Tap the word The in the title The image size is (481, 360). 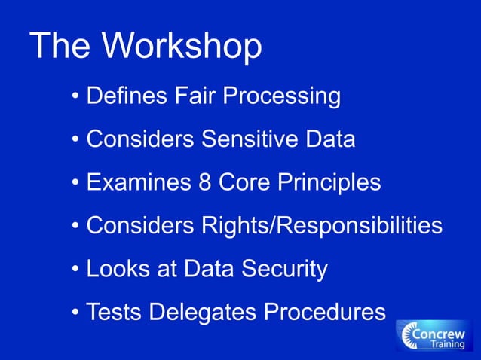[x=62, y=47]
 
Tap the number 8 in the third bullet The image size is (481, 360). [x=201, y=183]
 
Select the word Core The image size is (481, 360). [x=242, y=183]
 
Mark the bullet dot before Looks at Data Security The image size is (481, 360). [x=76, y=270]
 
